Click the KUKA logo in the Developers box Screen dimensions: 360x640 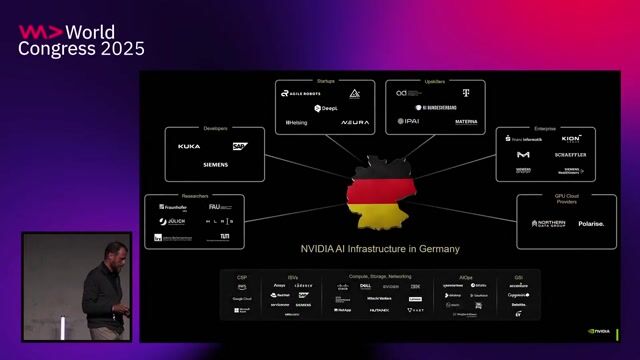click(x=189, y=146)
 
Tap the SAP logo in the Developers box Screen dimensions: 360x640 click(x=239, y=146)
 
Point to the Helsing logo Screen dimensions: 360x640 click(x=297, y=123)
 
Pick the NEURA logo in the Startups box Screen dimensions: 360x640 click(x=354, y=123)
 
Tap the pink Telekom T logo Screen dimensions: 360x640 click(x=464, y=93)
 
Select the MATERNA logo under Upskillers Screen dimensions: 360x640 click(x=466, y=122)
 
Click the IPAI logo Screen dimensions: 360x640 click(x=408, y=122)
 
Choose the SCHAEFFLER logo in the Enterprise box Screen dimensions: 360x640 click(x=570, y=155)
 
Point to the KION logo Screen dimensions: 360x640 click(x=571, y=139)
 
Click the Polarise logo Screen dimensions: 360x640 click(x=591, y=224)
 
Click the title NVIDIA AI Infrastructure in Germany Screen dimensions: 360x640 click(x=380, y=249)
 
